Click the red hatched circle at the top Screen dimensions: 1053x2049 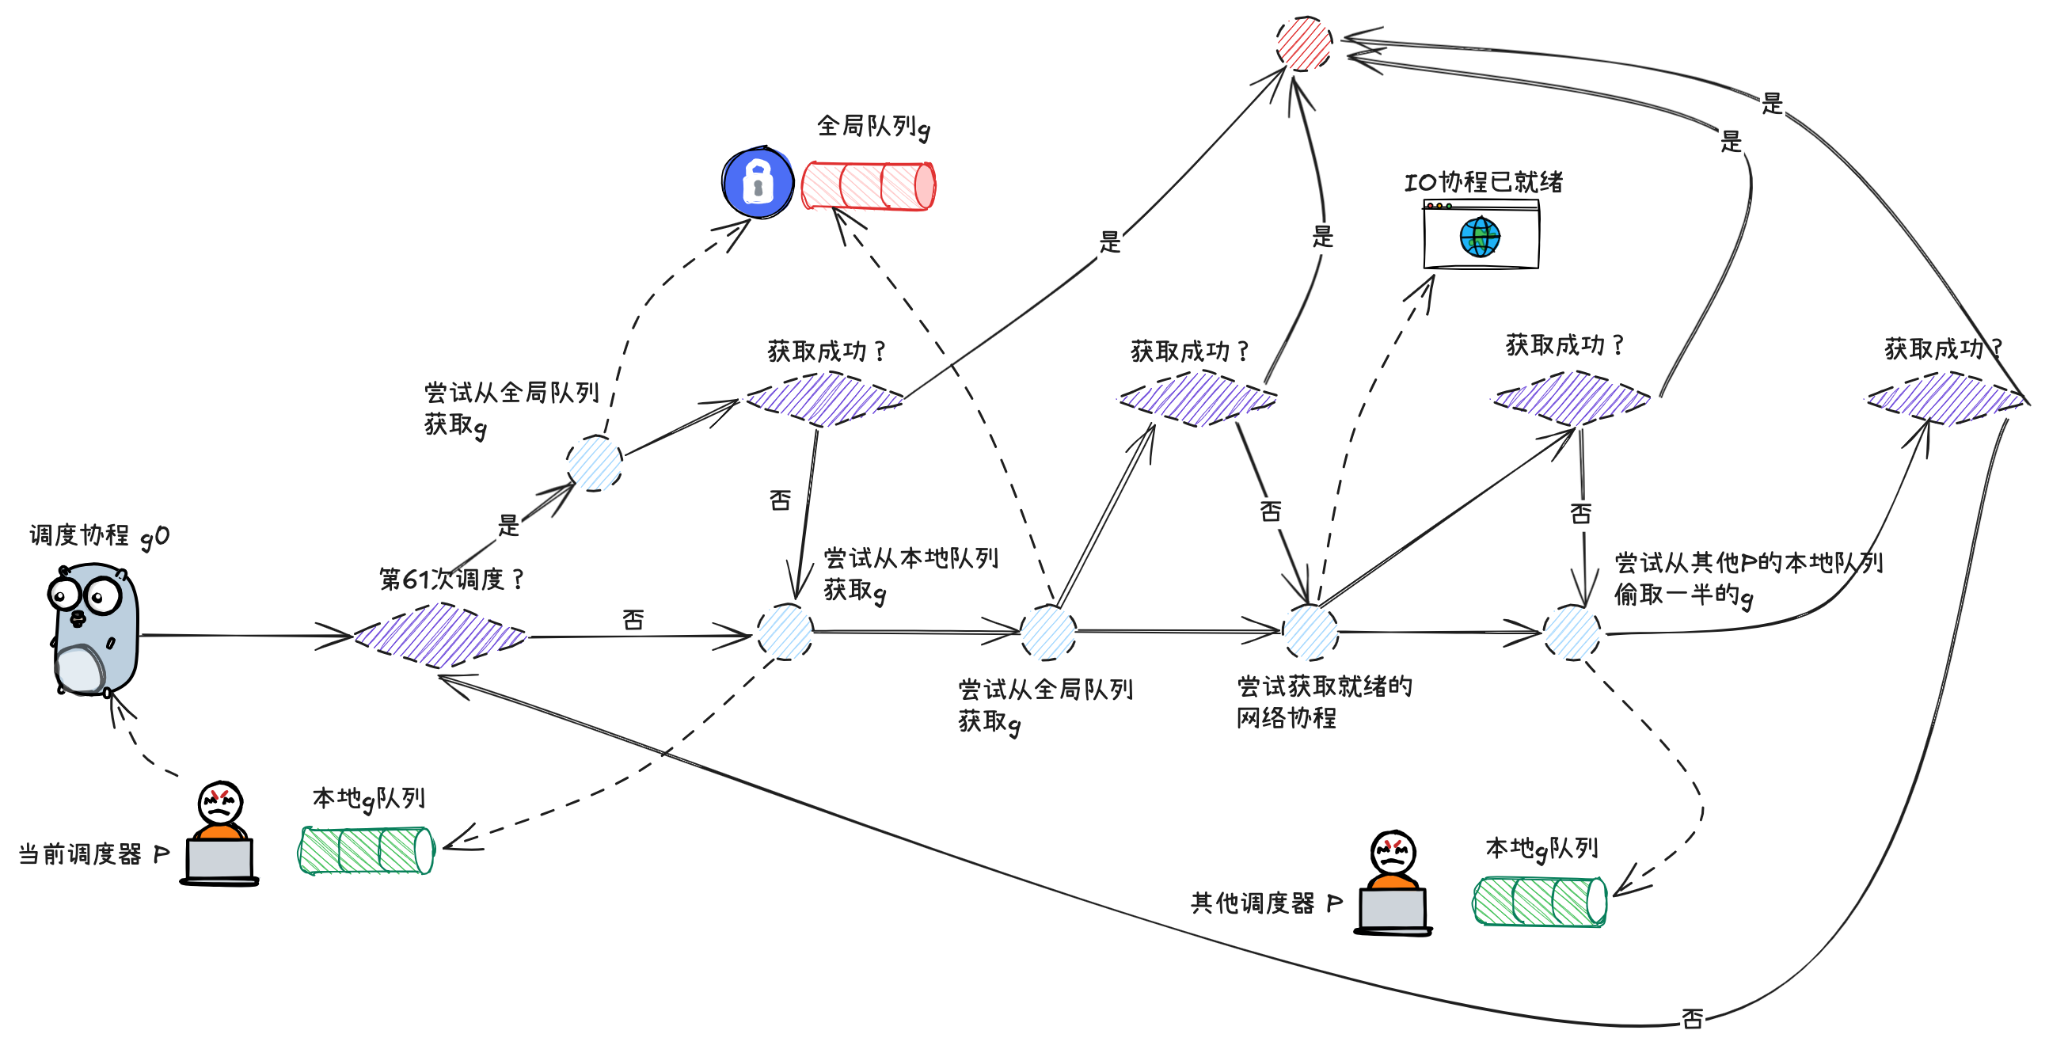pyautogui.click(x=1304, y=44)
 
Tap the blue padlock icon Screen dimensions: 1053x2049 pyautogui.click(x=757, y=182)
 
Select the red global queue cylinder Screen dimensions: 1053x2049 pyautogui.click(x=868, y=185)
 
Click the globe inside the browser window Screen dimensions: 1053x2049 pyautogui.click(x=1480, y=237)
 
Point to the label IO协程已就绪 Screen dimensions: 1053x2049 pyautogui.click(x=1484, y=182)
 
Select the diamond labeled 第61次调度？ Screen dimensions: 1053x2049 pyautogui.click(x=440, y=635)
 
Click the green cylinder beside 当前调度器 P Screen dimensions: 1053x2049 pyautogui.click(x=366, y=850)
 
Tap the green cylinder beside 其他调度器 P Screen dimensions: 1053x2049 pyautogui.click(x=1540, y=901)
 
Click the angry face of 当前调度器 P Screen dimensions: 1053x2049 pyautogui.click(x=219, y=804)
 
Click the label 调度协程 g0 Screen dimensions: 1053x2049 pyautogui.click(x=99, y=535)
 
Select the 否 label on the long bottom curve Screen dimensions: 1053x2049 pyautogui.click(x=1692, y=1018)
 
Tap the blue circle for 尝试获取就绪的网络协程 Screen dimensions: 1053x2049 pyautogui.click(x=1310, y=633)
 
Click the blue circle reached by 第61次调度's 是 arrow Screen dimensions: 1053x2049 pyautogui.click(x=594, y=463)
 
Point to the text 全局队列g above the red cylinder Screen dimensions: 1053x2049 pyautogui.click(x=872, y=126)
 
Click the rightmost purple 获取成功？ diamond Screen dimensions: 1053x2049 pyautogui.click(x=1944, y=397)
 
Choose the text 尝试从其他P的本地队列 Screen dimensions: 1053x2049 pyautogui.click(x=1748, y=562)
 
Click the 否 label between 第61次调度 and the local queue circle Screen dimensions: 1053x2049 pyautogui.click(x=633, y=620)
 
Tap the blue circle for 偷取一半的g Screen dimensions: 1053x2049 pyautogui.click(x=1572, y=633)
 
